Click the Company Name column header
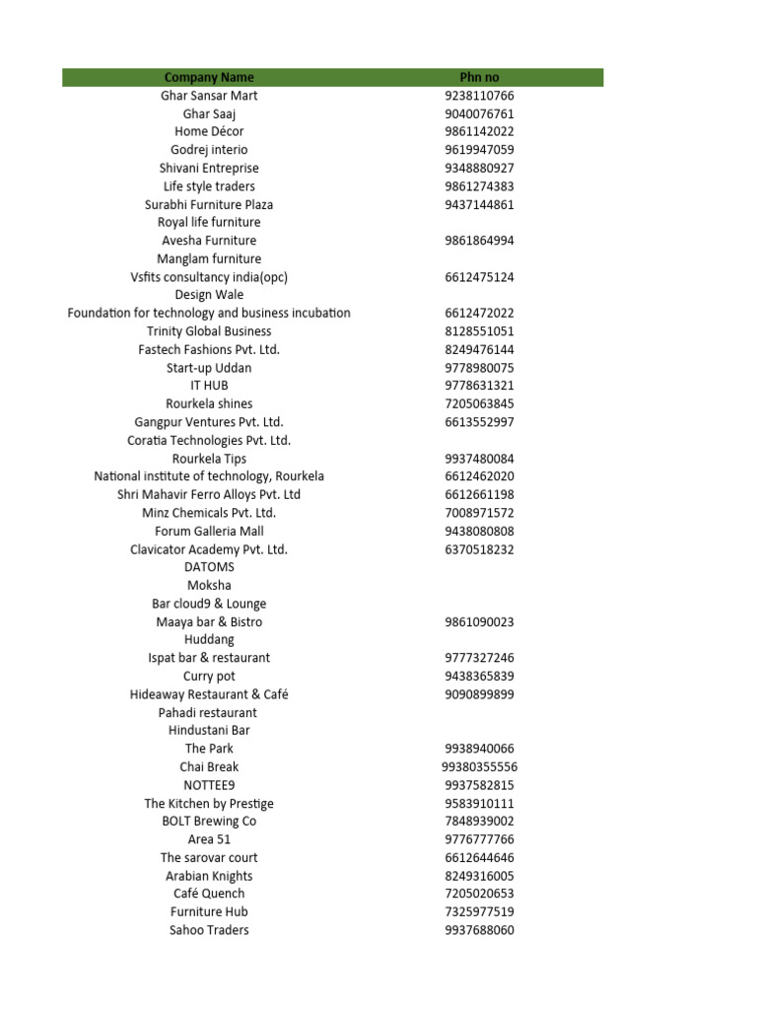coord(209,77)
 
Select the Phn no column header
coord(479,77)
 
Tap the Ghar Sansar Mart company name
coord(209,96)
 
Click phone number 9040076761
coord(479,113)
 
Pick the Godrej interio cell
coord(209,150)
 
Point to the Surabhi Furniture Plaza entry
coord(209,204)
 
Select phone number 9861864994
coord(479,241)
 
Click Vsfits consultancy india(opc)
coord(209,277)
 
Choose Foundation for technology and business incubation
coord(209,313)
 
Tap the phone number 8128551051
coord(479,331)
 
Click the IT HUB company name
coord(209,386)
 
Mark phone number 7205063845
coord(479,403)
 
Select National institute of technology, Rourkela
coord(209,476)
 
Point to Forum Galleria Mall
coord(209,531)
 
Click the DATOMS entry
coord(209,567)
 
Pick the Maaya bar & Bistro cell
coord(209,621)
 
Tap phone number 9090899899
coord(479,694)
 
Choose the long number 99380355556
coord(479,766)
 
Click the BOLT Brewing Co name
coord(209,821)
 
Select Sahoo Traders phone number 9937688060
coord(479,930)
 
